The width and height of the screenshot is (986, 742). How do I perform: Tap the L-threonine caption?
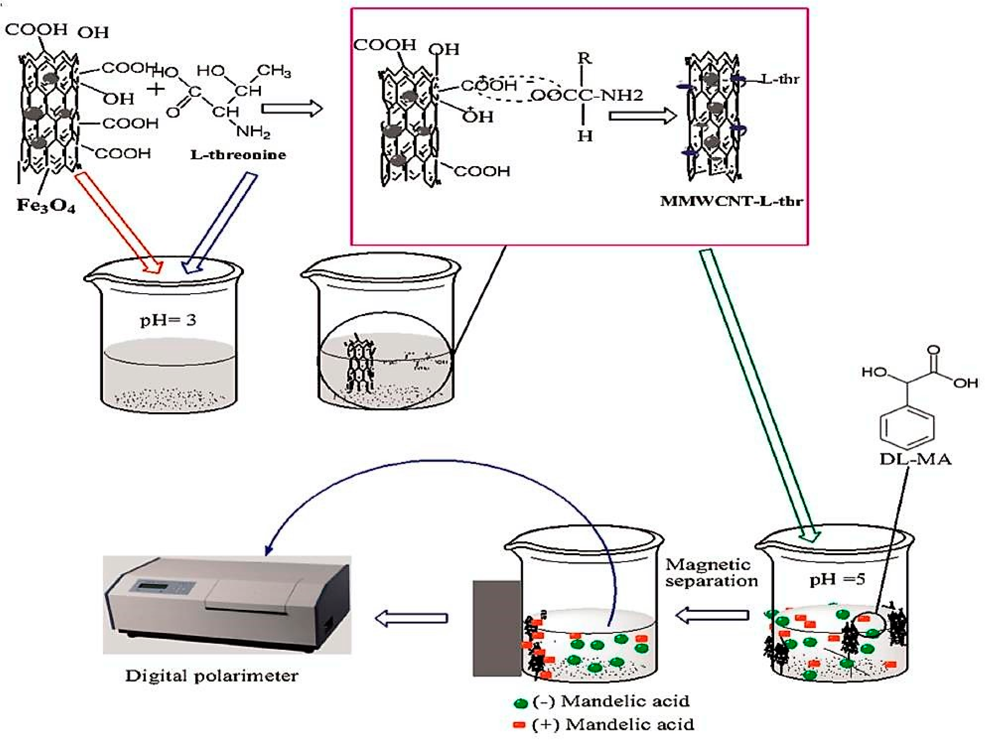pos(238,155)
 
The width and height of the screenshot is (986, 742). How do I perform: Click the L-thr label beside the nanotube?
pos(780,79)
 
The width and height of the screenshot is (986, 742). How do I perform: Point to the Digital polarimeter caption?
pos(211,676)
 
